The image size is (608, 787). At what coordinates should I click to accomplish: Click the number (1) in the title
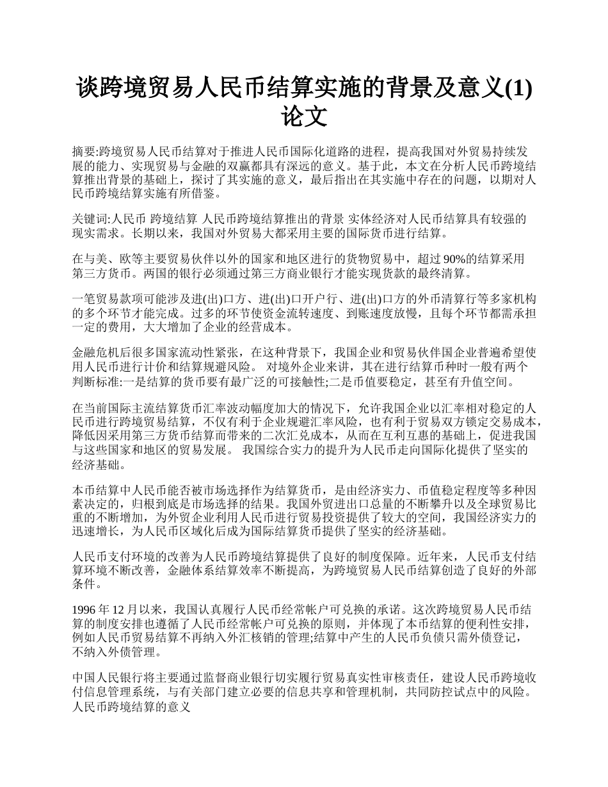(518, 88)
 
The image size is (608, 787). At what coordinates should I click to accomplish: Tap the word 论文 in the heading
(304, 117)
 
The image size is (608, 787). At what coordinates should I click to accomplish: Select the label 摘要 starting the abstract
(83, 151)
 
